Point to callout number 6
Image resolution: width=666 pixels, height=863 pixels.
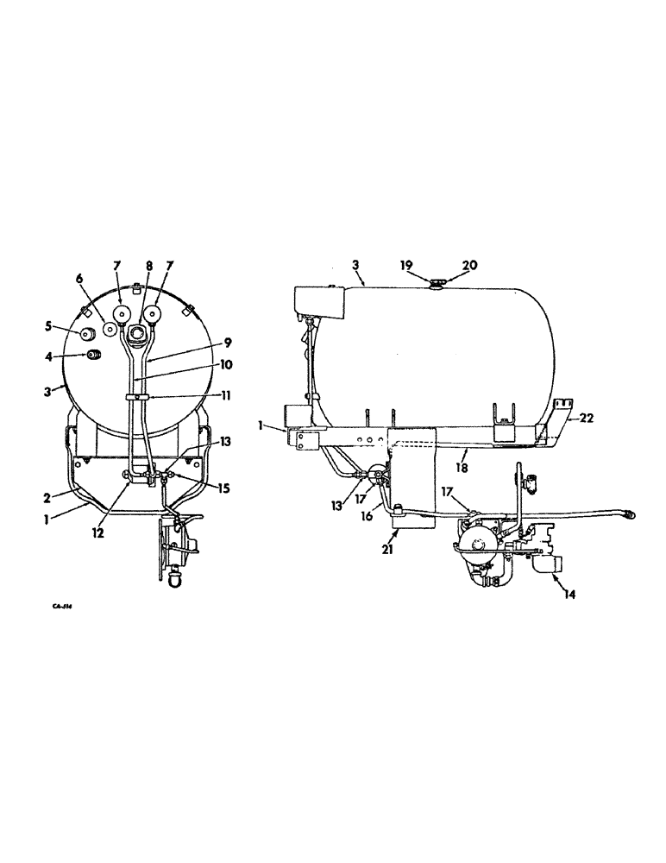coord(79,278)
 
